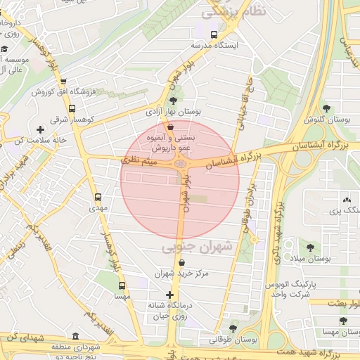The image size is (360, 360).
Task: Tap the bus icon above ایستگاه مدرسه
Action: click(214, 34)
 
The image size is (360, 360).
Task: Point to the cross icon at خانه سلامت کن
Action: click(41, 129)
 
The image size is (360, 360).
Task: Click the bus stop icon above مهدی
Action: click(97, 198)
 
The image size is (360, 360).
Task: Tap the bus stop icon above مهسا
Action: click(122, 285)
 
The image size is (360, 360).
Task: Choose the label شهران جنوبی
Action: click(191, 247)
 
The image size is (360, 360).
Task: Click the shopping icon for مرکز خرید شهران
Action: click(181, 262)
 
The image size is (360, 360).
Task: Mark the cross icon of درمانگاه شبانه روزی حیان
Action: click(169, 295)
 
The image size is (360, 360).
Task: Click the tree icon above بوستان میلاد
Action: click(310, 247)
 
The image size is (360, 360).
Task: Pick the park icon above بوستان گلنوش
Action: click(326, 108)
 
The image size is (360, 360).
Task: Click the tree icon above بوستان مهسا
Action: click(343, 321)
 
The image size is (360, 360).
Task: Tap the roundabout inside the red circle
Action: click(180, 165)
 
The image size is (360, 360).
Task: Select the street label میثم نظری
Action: click(139, 161)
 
